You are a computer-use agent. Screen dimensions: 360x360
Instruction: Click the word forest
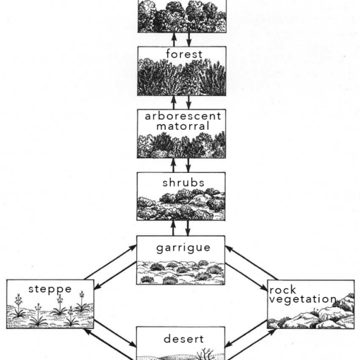(x=184, y=54)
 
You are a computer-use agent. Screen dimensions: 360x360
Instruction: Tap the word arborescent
(x=183, y=116)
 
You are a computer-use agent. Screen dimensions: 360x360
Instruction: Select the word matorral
(x=183, y=126)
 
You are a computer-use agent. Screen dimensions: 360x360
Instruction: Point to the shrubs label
(x=184, y=183)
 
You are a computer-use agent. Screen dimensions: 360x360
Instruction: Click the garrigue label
(x=184, y=248)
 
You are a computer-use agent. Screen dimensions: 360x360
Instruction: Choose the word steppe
(x=50, y=289)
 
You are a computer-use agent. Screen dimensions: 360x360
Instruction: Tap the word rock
(x=282, y=289)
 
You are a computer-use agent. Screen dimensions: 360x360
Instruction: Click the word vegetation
(x=303, y=299)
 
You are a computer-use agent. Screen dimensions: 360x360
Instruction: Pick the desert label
(x=184, y=339)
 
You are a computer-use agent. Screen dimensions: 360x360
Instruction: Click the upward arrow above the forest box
(x=174, y=40)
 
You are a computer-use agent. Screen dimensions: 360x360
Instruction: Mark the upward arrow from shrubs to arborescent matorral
(x=174, y=165)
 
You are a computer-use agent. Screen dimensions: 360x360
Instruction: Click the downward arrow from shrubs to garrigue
(x=188, y=228)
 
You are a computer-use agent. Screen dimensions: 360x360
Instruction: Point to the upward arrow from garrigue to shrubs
(x=173, y=228)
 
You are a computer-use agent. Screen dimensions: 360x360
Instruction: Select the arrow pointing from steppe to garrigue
(x=110, y=263)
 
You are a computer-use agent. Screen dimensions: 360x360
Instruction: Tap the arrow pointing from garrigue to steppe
(x=115, y=275)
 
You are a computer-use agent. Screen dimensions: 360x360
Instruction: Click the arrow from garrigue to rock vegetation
(x=246, y=277)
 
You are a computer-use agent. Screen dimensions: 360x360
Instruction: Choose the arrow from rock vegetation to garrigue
(x=251, y=263)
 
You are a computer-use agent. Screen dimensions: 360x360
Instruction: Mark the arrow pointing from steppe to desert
(x=115, y=333)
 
